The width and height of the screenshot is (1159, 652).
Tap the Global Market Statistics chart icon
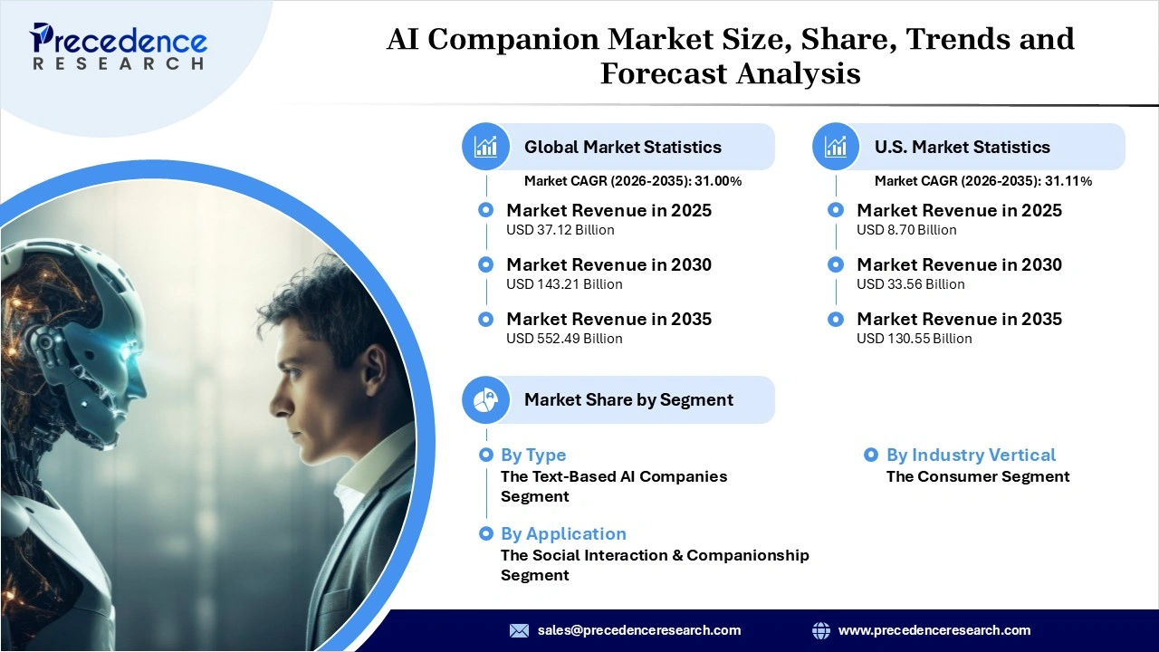pyautogui.click(x=486, y=147)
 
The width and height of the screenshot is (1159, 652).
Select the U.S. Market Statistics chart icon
pyautogui.click(x=836, y=147)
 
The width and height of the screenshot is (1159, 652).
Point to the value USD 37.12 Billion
pyautogui.click(x=560, y=230)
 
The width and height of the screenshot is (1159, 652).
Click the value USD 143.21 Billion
pyautogui.click(x=564, y=284)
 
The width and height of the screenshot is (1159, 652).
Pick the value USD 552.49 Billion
pyautogui.click(x=564, y=339)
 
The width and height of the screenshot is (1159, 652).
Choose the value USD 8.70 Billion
pyautogui.click(x=906, y=230)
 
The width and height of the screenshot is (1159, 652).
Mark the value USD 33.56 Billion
pyautogui.click(x=911, y=284)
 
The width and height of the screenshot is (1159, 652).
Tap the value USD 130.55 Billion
pyautogui.click(x=915, y=339)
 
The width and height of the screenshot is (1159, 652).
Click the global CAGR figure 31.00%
pyautogui.click(x=718, y=181)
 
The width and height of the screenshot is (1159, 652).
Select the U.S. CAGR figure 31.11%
pyautogui.click(x=1068, y=181)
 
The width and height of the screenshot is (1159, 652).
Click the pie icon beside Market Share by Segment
pyautogui.click(x=486, y=399)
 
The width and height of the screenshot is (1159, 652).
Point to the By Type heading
pyautogui.click(x=533, y=455)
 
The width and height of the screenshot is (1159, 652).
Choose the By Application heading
pyautogui.click(x=563, y=534)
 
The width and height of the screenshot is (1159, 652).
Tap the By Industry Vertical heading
pyautogui.click(x=971, y=455)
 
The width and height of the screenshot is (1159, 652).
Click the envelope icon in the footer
pyautogui.click(x=519, y=630)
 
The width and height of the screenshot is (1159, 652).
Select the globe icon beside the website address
pyautogui.click(x=821, y=630)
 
